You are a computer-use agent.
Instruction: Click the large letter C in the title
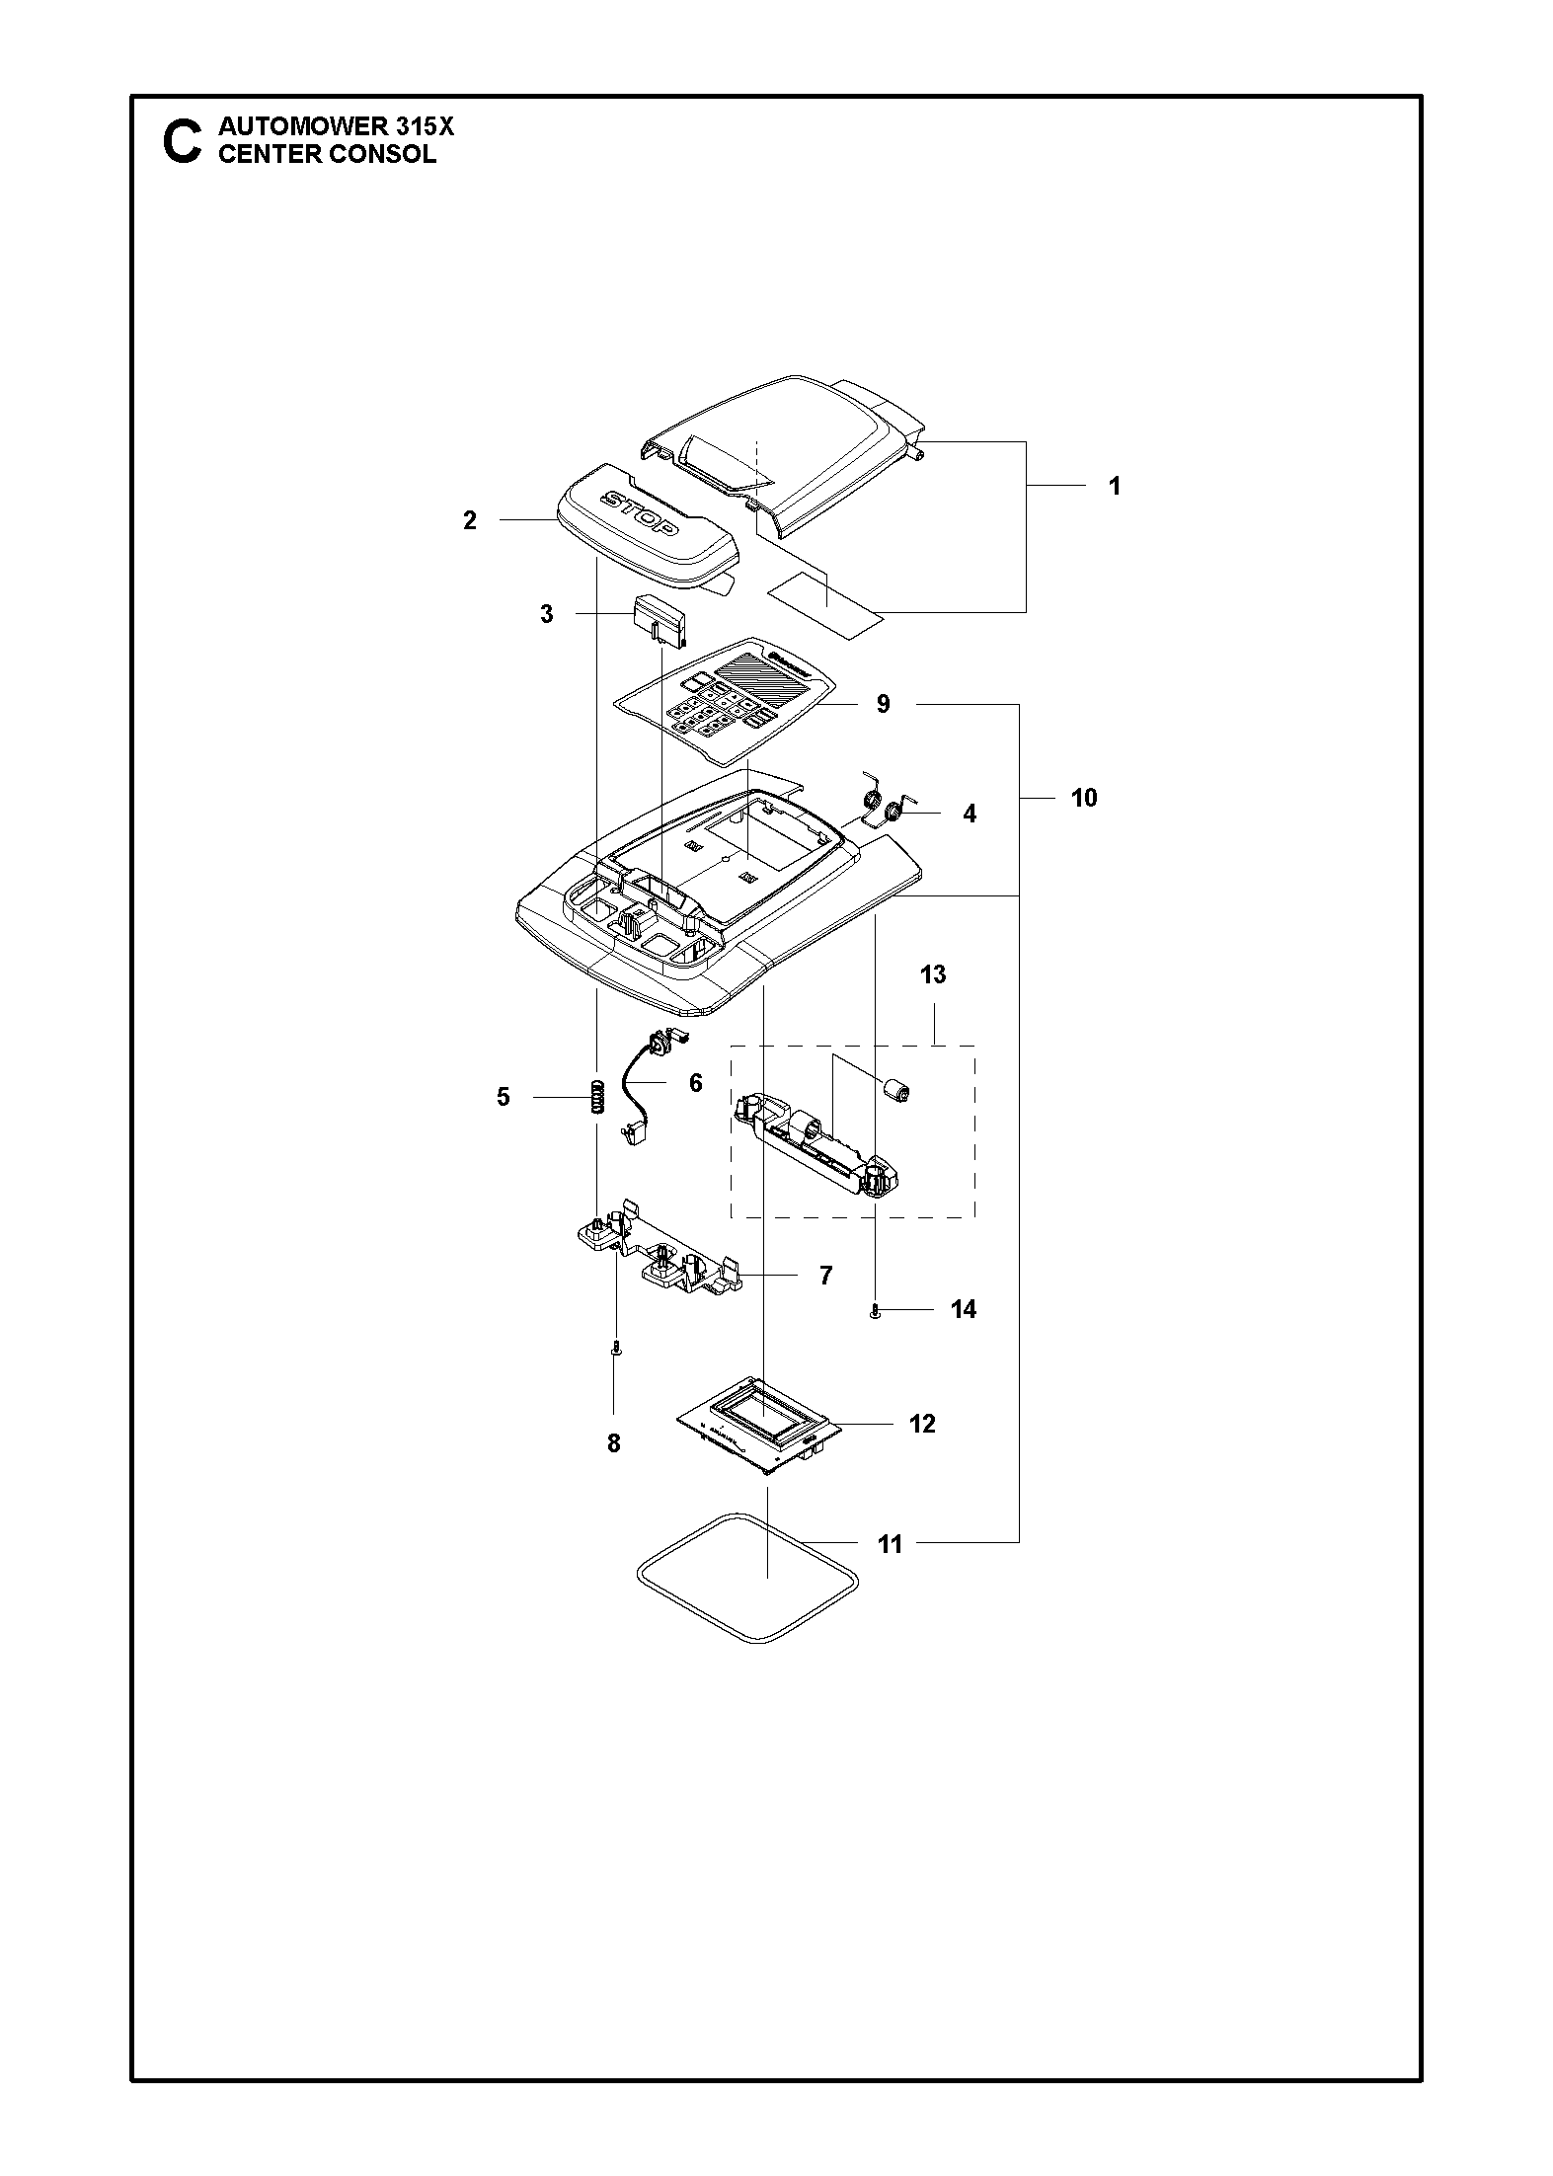[182, 141]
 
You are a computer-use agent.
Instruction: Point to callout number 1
[1114, 486]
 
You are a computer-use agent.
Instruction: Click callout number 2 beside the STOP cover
[470, 520]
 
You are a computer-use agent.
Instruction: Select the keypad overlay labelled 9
[731, 702]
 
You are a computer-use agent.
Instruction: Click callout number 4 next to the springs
[969, 814]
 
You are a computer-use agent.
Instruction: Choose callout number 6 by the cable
[695, 1083]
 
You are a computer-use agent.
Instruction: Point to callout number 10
[1083, 798]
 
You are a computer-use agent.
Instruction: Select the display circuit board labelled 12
[759, 1426]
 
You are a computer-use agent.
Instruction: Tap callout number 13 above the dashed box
[932, 974]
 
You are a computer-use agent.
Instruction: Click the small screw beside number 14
[876, 1310]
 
